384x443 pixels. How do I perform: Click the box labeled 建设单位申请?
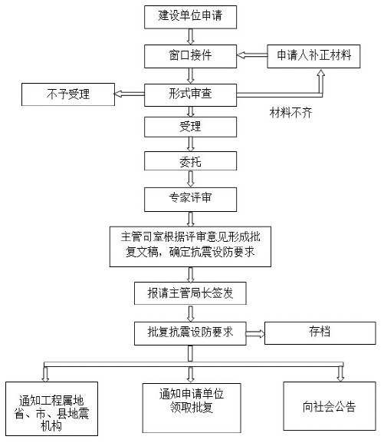click(191, 15)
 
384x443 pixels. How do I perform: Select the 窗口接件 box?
click(191, 56)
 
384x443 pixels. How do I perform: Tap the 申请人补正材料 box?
click(313, 56)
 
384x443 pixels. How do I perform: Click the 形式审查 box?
click(191, 94)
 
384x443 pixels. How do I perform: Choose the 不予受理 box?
click(67, 94)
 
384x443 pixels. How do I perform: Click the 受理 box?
click(191, 125)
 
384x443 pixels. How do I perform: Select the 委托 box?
click(191, 161)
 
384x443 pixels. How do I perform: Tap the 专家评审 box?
click(191, 198)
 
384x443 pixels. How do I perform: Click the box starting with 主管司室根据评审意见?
click(191, 246)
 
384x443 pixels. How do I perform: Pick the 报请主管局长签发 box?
click(191, 293)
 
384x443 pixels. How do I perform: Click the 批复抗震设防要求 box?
click(191, 332)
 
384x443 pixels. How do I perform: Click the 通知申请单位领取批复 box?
click(191, 401)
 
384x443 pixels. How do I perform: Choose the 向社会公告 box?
click(330, 407)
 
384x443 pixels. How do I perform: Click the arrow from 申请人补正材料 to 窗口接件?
click(251, 56)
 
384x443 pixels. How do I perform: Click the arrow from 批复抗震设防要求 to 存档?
click(254, 333)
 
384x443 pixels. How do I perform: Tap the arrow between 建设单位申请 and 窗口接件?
click(191, 35)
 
